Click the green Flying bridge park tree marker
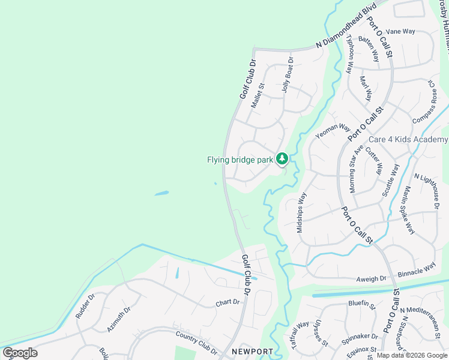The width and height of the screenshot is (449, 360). pos(282,159)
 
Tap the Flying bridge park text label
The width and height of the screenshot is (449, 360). pos(240,160)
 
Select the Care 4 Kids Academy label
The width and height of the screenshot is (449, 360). pos(408,140)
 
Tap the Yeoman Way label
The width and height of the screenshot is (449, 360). pos(333,131)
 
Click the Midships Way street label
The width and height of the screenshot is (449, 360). pos(301,212)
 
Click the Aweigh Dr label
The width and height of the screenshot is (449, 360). pos(371,279)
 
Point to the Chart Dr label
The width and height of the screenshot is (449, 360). pos(228,304)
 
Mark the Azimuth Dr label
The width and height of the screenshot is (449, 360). pos(119,320)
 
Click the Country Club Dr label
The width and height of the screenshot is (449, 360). pos(196,342)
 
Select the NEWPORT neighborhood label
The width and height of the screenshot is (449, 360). pos(253,352)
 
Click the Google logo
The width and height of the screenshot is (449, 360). pos(20,353)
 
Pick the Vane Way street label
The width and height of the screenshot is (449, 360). pos(400,31)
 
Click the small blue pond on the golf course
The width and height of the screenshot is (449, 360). pos(161,193)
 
